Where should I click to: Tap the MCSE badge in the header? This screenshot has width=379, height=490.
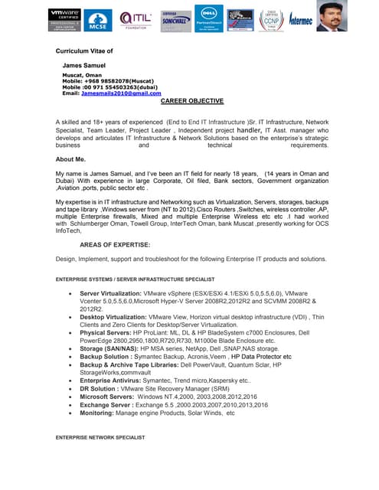97,21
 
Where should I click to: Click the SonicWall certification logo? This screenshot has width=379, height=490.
175,20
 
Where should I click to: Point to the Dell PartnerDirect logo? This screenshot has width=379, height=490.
207,18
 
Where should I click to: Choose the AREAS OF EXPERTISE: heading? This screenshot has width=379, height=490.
115,244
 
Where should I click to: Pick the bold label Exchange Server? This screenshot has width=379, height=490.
105,404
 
